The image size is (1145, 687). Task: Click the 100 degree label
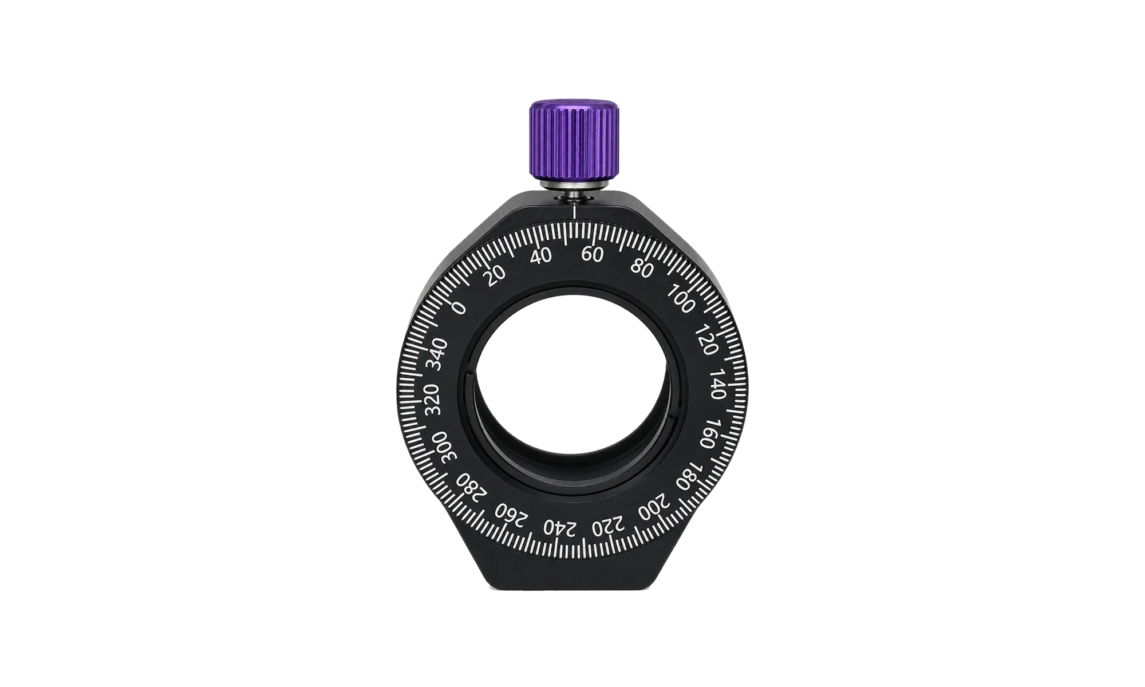681,300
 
